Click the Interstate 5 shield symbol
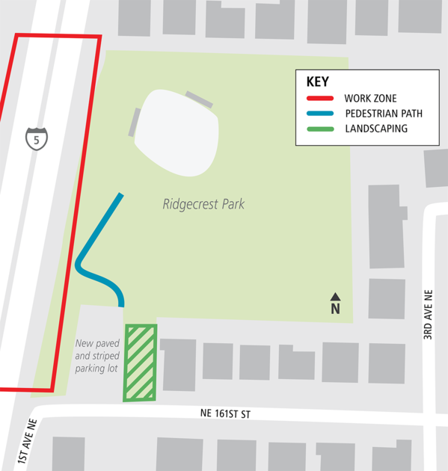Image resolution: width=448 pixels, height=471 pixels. [x=36, y=138]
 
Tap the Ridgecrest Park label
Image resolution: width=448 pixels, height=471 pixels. [x=203, y=203]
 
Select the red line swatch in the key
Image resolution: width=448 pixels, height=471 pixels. [x=320, y=99]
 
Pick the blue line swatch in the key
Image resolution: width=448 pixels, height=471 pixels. [x=320, y=114]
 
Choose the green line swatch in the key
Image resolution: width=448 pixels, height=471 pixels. [x=320, y=129]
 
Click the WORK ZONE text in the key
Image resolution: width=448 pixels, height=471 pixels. [x=370, y=99]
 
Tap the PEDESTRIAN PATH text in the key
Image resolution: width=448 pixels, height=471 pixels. [x=384, y=114]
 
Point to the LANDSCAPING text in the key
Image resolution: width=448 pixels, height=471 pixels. [x=376, y=129]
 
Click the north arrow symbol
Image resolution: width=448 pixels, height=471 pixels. [x=335, y=297]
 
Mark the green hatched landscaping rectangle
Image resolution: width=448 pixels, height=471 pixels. [x=140, y=363]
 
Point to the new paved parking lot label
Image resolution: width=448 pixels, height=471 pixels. [x=97, y=357]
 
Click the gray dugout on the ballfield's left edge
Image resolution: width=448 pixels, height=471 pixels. [x=134, y=122]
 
